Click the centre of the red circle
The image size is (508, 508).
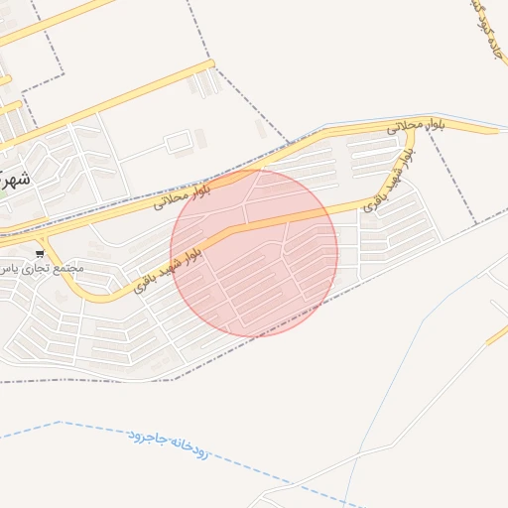pyautogui.click(x=254, y=252)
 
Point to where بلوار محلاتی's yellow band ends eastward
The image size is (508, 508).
pyautogui.click(x=496, y=129)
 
